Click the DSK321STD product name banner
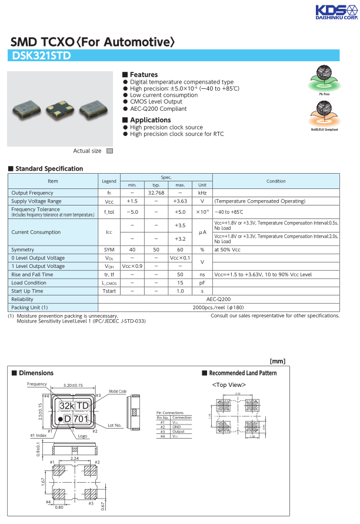pos(41,57)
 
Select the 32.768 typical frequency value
pos(156,193)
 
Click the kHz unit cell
pos(202,193)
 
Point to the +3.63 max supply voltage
pos(180,201)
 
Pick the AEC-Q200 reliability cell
pos(218,299)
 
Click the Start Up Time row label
pos(27,291)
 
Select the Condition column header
pos(275,181)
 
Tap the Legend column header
pos(109,181)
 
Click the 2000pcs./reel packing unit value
pos(218,307)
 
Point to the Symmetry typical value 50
pos(156,250)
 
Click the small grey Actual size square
pos(109,151)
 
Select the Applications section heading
pos(150,120)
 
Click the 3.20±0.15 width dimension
pos(72,386)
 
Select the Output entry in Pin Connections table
pos(177,432)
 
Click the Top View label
pos(228,385)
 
